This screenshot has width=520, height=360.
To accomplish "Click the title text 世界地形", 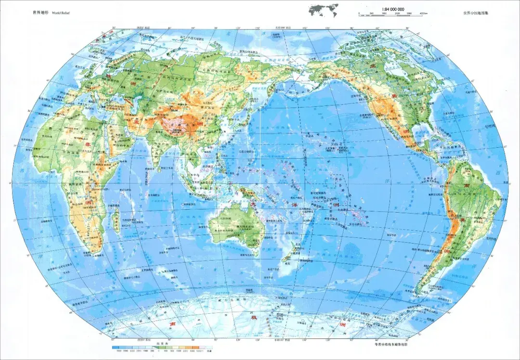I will click(x=40, y=13).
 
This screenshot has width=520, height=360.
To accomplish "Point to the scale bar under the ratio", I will click(x=393, y=13).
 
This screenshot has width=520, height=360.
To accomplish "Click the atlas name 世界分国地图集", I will click(x=476, y=13).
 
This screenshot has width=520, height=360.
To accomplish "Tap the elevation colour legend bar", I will click(x=161, y=347).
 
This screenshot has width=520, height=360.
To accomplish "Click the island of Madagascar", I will click(x=116, y=222).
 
